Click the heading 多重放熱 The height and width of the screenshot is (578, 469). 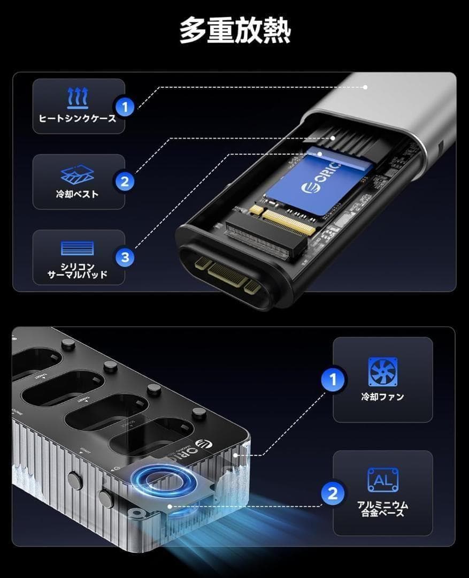point(234,31)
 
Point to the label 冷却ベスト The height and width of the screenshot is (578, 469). point(78,194)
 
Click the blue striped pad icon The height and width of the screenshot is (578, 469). point(78,248)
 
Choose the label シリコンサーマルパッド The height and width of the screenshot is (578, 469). point(78,270)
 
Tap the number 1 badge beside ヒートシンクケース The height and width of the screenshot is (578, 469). point(125,107)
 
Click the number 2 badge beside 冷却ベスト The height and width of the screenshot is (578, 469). point(125,181)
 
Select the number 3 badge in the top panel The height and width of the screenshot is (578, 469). point(125,257)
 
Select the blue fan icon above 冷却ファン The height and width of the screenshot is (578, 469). point(383,371)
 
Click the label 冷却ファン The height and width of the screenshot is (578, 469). point(383,397)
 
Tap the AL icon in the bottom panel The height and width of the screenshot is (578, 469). point(383,480)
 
